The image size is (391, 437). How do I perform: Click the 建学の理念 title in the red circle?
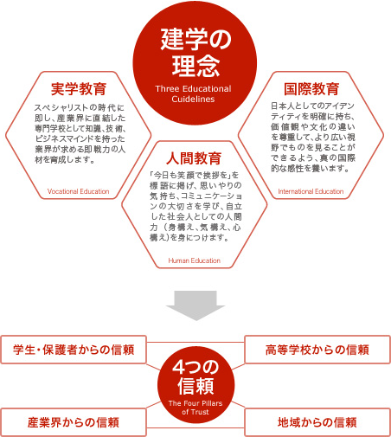pos(195,52)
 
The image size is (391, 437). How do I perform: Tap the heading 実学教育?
pos(79,88)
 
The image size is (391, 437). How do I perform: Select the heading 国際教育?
pos(311,88)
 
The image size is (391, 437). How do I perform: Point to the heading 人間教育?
pos(194,158)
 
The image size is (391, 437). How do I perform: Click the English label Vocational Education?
pos(78,191)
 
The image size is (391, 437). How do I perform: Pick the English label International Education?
pos(311,191)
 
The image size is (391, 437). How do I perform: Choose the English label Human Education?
pos(195,260)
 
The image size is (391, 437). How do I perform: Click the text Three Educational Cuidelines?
pos(193,93)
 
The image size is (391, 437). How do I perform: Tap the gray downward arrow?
pos(195,305)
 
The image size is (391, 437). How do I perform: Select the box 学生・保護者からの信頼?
pos(74,350)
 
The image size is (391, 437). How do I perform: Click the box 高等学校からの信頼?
pos(317,350)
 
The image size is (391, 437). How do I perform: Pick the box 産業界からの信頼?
pos(74,422)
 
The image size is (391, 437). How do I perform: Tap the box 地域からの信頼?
pos(317,422)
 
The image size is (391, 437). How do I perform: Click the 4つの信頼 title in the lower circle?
pos(195,377)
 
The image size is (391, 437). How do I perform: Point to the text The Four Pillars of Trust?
pos(195,408)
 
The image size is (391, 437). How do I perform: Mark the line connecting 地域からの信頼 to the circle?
pos(238,404)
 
